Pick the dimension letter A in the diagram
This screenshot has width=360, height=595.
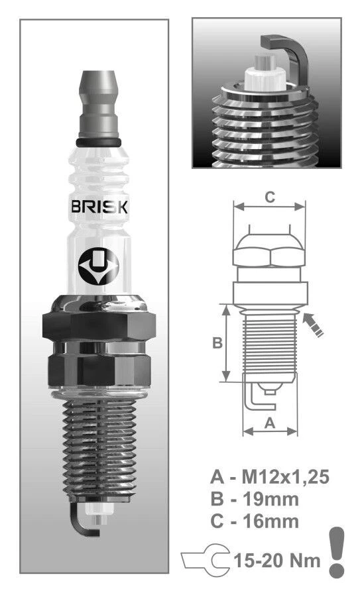(269, 423)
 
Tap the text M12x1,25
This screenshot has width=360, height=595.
(285, 476)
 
